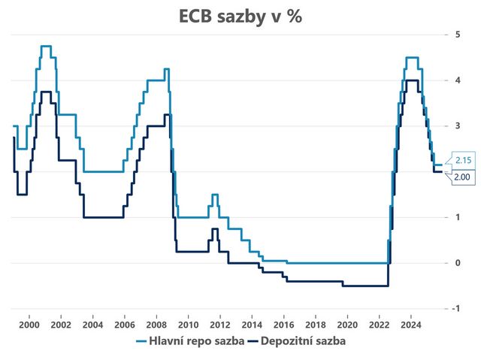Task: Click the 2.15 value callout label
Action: tap(461, 160)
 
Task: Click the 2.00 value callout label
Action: tap(461, 177)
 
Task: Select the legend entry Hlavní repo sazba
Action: tap(190, 340)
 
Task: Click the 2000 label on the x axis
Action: tap(29, 324)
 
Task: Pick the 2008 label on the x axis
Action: tap(156, 324)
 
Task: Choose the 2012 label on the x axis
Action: tap(219, 324)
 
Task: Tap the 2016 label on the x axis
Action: tap(283, 324)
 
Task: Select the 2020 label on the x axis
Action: tap(346, 324)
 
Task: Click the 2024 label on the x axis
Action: tap(410, 324)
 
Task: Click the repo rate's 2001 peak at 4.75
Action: tap(46, 46)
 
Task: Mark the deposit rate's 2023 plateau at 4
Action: tap(412, 80)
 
